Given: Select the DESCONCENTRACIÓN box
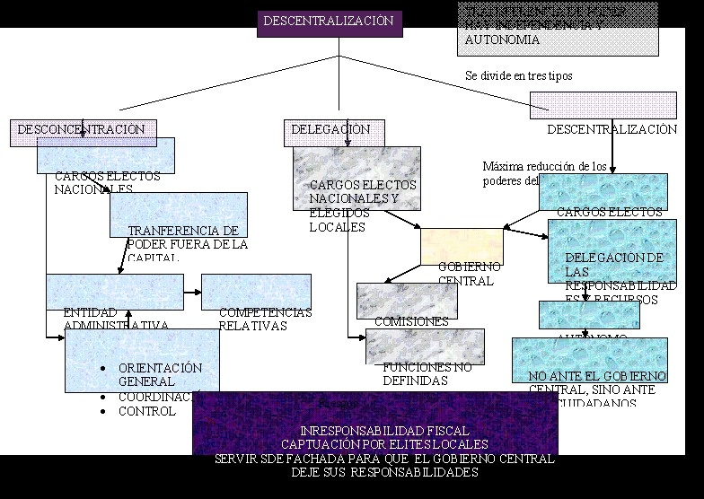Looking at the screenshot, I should click(84, 131).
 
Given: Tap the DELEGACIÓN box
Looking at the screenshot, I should click(334, 131).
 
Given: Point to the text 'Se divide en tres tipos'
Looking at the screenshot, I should click(518, 76).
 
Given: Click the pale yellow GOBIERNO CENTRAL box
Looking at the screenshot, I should click(462, 247).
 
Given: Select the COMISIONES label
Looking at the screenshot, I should click(411, 321).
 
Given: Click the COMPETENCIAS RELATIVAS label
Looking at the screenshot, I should click(265, 320).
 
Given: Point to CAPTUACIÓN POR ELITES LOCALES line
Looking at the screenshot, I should click(384, 444).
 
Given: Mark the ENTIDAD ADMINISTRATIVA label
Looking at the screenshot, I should click(115, 319).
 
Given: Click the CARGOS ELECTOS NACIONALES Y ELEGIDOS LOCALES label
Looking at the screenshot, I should click(351, 206).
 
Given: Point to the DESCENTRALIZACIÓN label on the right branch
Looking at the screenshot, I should click(612, 130).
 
